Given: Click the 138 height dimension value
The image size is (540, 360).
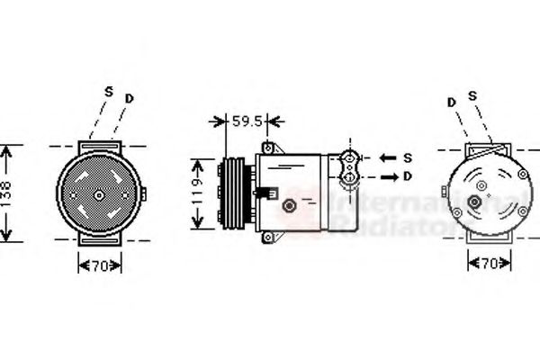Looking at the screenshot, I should click(8, 194).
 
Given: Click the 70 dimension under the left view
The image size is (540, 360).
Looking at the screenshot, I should click(100, 265).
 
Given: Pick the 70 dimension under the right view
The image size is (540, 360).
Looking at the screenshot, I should click(489, 264).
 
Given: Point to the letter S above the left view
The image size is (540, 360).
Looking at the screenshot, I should click(108, 91).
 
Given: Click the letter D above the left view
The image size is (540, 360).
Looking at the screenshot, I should click(130, 97).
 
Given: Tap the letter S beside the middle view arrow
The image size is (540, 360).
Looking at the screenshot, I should click(407, 157).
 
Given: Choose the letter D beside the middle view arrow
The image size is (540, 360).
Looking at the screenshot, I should click(407, 175).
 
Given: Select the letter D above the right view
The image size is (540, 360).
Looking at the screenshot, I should click(452, 102).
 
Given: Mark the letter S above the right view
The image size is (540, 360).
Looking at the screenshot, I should click(472, 96).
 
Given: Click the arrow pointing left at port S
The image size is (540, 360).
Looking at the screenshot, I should click(387, 158).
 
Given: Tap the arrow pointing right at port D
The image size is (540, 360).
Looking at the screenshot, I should click(387, 175).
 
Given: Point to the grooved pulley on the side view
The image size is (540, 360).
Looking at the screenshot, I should click(233, 191).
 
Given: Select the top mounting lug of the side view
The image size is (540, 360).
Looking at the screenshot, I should click(268, 147).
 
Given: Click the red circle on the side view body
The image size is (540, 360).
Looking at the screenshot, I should click(290, 207).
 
